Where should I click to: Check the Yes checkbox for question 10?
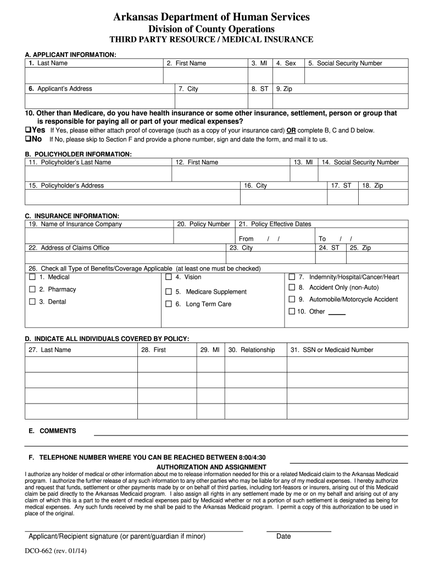click(27, 130)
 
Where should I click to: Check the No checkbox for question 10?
click(27, 139)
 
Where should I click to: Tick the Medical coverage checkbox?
click(32, 277)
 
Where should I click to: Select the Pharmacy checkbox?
click(32, 289)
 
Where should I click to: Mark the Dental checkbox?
click(32, 301)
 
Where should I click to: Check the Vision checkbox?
click(169, 277)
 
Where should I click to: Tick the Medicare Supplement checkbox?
click(169, 291)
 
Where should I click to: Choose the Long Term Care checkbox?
click(169, 304)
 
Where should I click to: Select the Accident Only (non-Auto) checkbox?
click(292, 288)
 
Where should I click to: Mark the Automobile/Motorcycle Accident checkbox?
click(292, 299)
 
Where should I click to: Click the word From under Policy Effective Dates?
click(246, 239)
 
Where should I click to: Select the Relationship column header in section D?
click(251, 350)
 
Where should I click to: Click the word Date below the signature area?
click(283, 536)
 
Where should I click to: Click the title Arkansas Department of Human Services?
click(211, 18)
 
